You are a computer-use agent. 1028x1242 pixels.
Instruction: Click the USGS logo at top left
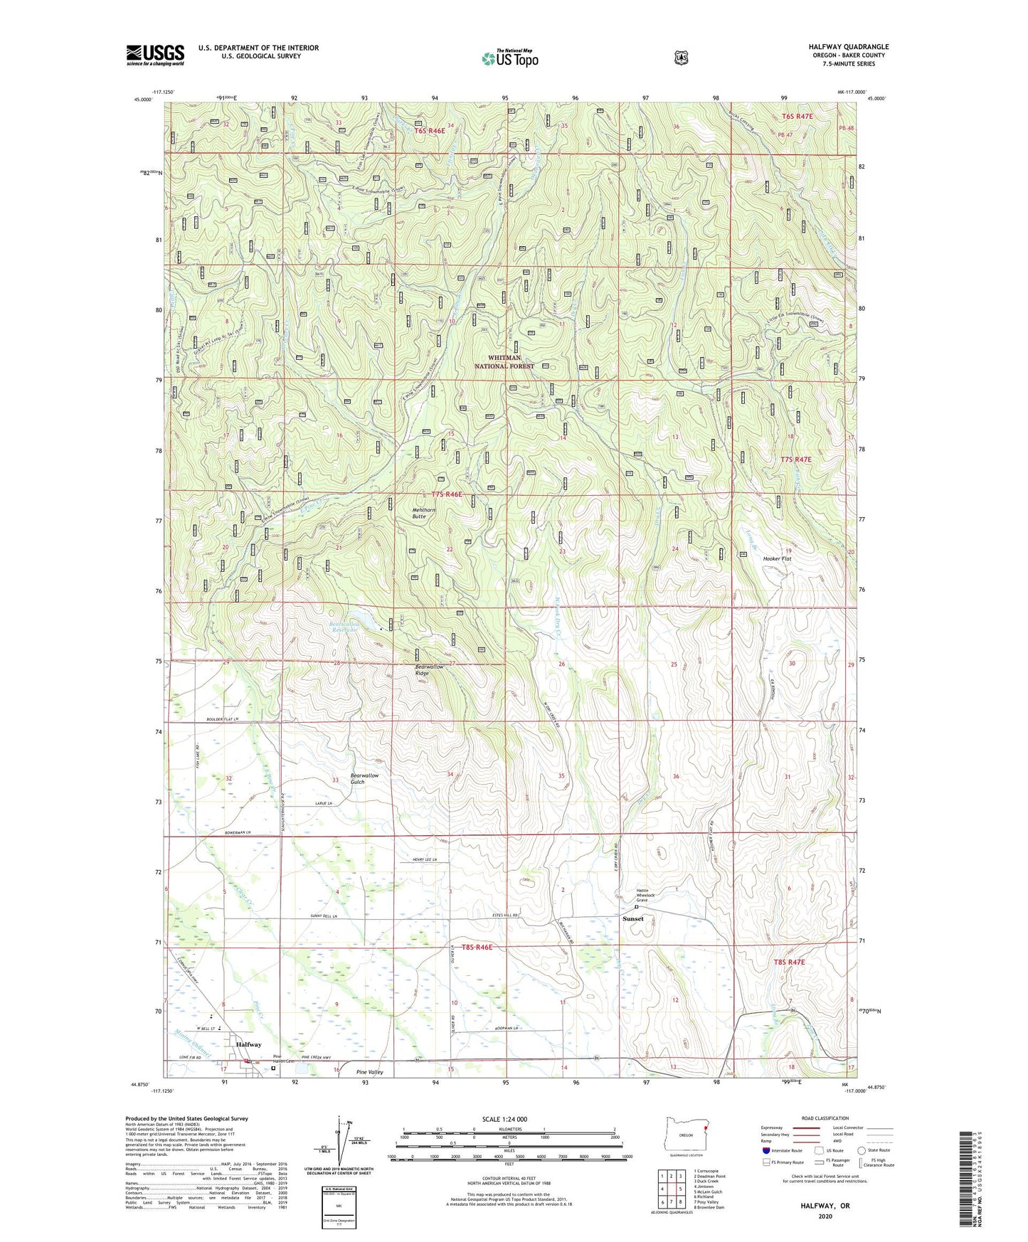tap(155, 55)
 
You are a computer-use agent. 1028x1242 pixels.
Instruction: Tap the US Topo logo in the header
tap(509, 58)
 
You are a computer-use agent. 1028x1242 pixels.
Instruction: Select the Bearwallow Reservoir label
tap(344, 627)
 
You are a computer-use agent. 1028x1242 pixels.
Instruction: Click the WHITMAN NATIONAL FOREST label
tap(504, 361)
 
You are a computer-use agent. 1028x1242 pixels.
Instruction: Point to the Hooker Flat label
tap(777, 558)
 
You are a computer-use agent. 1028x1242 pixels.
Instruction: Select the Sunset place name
tap(632, 918)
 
